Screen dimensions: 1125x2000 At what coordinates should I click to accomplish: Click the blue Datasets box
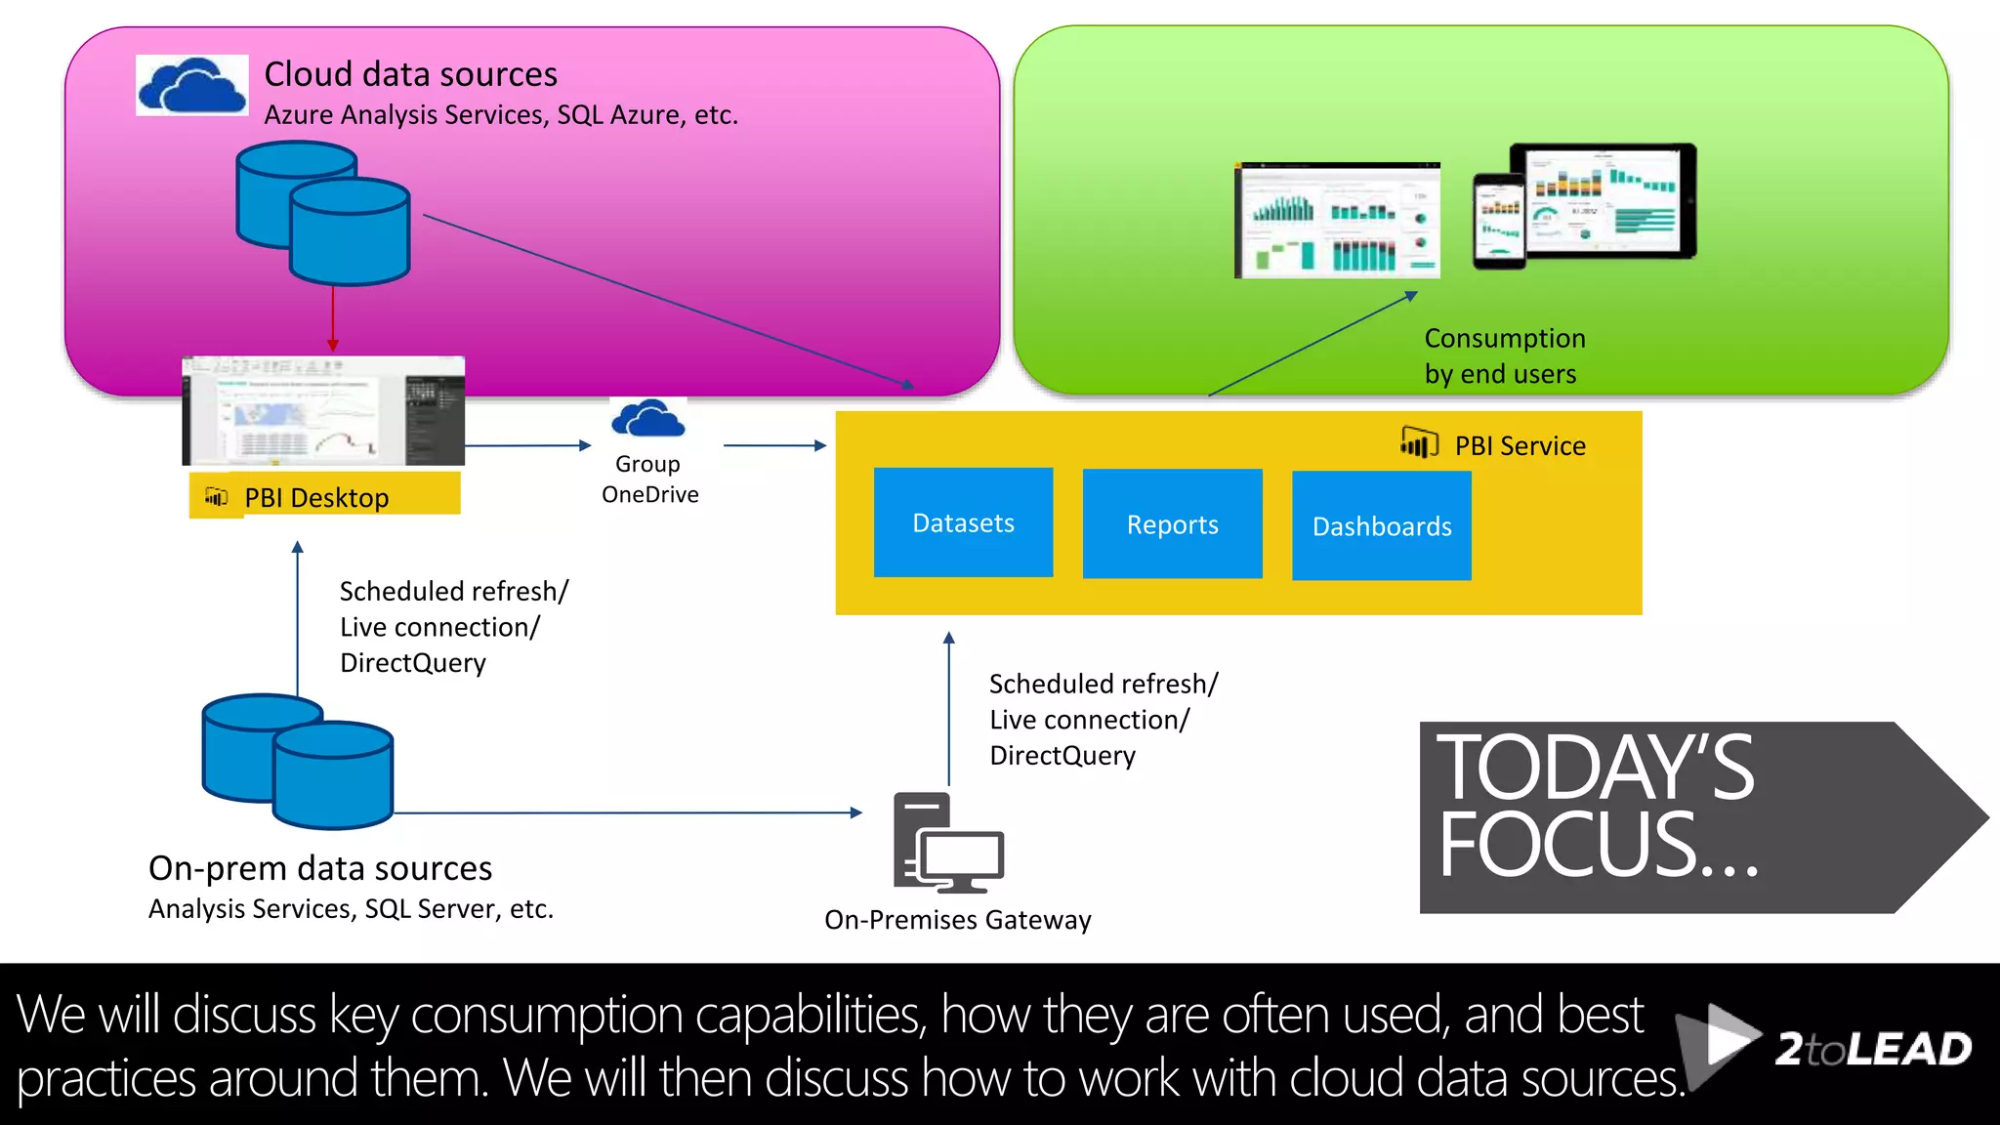pos(963,522)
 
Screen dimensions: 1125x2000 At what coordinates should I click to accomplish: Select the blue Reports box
pos(1172,524)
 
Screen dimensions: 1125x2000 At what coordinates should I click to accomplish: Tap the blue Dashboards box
pos(1381,526)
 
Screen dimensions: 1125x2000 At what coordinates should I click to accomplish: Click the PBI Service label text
pos(1520,446)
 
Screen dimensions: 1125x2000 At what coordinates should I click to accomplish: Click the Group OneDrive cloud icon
pos(647,420)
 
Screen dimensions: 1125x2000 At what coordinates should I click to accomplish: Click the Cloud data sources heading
pos(410,74)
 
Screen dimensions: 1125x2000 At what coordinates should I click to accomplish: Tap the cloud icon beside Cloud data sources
pos(192,86)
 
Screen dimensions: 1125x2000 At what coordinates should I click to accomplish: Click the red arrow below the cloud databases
pos(333,318)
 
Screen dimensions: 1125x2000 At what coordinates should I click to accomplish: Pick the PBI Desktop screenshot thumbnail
pos(323,411)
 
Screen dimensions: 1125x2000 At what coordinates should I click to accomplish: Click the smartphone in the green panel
pos(1499,221)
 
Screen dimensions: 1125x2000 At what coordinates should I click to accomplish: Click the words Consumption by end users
pos(1504,356)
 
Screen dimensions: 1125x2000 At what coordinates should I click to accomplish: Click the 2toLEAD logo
pos(1826,1048)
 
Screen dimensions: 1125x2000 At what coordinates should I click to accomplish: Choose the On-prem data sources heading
pos(320,868)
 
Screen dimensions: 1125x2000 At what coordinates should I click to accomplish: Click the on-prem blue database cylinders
pos(298,762)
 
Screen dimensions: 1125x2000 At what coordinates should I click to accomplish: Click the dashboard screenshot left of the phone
pos(1337,221)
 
